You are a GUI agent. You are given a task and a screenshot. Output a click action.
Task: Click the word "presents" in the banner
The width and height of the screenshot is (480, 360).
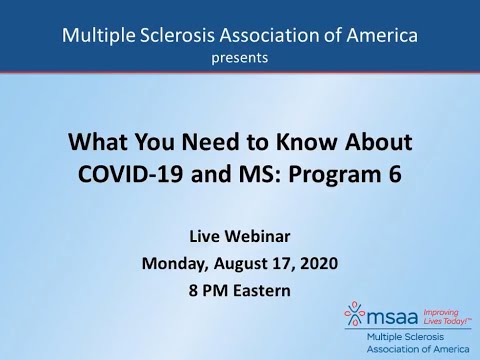pyautogui.click(x=239, y=58)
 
